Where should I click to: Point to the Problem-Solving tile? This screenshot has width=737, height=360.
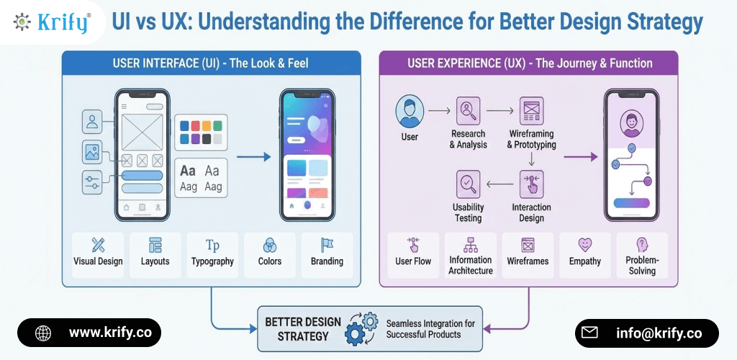(x=642, y=255)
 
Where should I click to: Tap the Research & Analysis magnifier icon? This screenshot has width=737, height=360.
(x=469, y=111)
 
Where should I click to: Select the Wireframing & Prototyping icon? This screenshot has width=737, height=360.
(x=531, y=111)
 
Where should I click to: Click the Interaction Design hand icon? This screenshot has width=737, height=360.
(x=531, y=184)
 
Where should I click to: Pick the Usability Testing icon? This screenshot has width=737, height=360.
(x=469, y=184)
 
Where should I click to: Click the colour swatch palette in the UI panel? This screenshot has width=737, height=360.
(x=201, y=132)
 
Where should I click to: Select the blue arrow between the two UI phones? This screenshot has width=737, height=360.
(x=253, y=156)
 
